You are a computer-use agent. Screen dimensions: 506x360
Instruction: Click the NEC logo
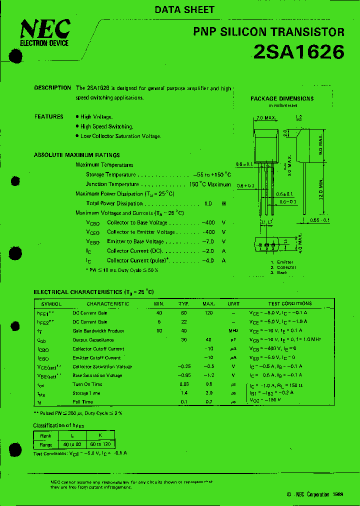[x=45, y=31]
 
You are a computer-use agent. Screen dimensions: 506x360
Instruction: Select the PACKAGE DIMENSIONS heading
[x=282, y=98]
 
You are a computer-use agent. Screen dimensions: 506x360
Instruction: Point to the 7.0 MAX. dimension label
[x=266, y=118]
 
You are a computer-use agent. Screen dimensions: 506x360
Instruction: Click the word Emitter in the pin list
[x=285, y=262]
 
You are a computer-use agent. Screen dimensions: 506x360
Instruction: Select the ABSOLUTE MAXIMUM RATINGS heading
[x=76, y=155]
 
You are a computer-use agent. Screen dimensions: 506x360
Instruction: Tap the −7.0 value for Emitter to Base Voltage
[x=208, y=241]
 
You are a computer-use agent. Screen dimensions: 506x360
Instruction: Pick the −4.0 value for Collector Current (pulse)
[x=208, y=260]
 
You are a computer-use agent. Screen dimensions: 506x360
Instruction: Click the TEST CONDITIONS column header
[x=289, y=303]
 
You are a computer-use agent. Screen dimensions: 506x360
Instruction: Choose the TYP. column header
[x=183, y=303]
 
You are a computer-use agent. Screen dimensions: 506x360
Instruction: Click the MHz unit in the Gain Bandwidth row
[x=233, y=330]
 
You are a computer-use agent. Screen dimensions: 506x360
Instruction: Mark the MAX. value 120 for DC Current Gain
[x=208, y=312]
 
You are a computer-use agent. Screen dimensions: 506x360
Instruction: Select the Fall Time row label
[x=82, y=401]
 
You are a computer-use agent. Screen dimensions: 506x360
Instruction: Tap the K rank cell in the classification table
[x=99, y=435]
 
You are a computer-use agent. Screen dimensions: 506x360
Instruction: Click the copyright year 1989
[x=337, y=494]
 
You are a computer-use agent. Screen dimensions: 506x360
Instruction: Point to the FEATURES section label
[x=49, y=116]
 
